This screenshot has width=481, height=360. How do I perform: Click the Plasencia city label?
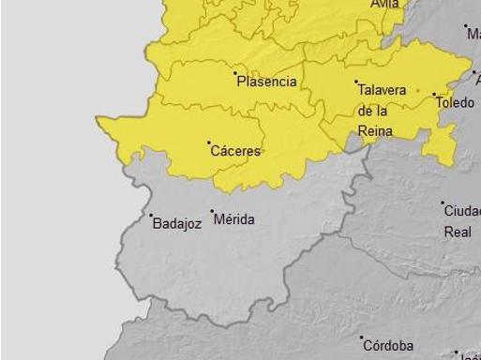point(267,82)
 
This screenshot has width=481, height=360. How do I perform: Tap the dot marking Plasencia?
point(234,72)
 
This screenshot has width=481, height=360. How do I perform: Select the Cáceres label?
point(235,151)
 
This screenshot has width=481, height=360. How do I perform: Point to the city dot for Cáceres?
point(208,142)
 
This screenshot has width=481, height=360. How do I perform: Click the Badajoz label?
point(176,224)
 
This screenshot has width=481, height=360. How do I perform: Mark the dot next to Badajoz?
point(151,216)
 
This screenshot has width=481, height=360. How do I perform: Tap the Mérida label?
point(234,219)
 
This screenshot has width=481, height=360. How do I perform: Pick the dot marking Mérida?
point(212,212)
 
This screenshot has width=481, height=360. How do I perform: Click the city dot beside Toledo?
point(434,94)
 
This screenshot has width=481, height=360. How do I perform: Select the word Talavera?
point(382,90)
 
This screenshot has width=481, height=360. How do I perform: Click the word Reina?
point(376,129)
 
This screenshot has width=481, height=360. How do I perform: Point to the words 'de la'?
point(373,110)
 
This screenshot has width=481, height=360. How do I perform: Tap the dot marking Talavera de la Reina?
point(356,82)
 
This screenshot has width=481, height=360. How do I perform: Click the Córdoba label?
point(388,346)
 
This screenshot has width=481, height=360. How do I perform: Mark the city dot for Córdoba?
point(362,337)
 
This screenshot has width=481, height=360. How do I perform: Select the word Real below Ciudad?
point(458,232)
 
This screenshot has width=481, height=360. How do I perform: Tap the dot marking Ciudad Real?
point(443,202)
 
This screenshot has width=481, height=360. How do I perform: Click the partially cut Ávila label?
point(384,4)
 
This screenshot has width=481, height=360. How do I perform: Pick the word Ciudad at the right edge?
point(462,211)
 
